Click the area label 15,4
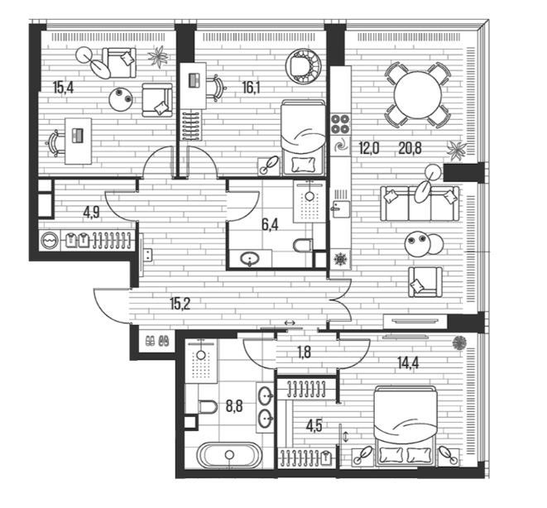click(63, 88)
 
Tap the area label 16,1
click(252, 88)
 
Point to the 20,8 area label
click(410, 149)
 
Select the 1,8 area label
click(304, 352)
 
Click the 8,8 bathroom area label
click(234, 406)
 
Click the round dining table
click(417, 95)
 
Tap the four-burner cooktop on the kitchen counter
click(340, 123)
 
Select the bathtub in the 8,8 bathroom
click(228, 455)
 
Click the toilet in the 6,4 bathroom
click(302, 245)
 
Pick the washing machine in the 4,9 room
click(49, 241)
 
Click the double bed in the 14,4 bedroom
click(405, 426)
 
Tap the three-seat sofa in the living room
click(420, 204)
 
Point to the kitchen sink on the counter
click(340, 208)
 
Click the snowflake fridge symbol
click(339, 260)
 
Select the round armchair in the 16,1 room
click(303, 66)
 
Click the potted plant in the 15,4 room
click(158, 57)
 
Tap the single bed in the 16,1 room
click(303, 137)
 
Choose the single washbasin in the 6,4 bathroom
click(250, 259)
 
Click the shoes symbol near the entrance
click(157, 341)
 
